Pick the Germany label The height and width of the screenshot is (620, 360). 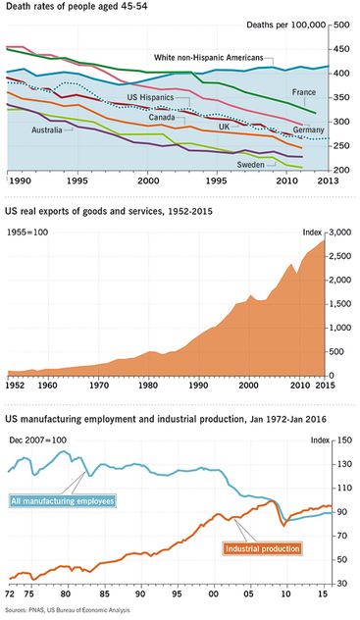[x=308, y=129]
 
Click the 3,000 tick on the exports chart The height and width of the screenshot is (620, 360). [x=339, y=232]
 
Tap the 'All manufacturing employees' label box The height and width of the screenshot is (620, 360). [x=63, y=501]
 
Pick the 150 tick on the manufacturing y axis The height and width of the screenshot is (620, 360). [x=343, y=439]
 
